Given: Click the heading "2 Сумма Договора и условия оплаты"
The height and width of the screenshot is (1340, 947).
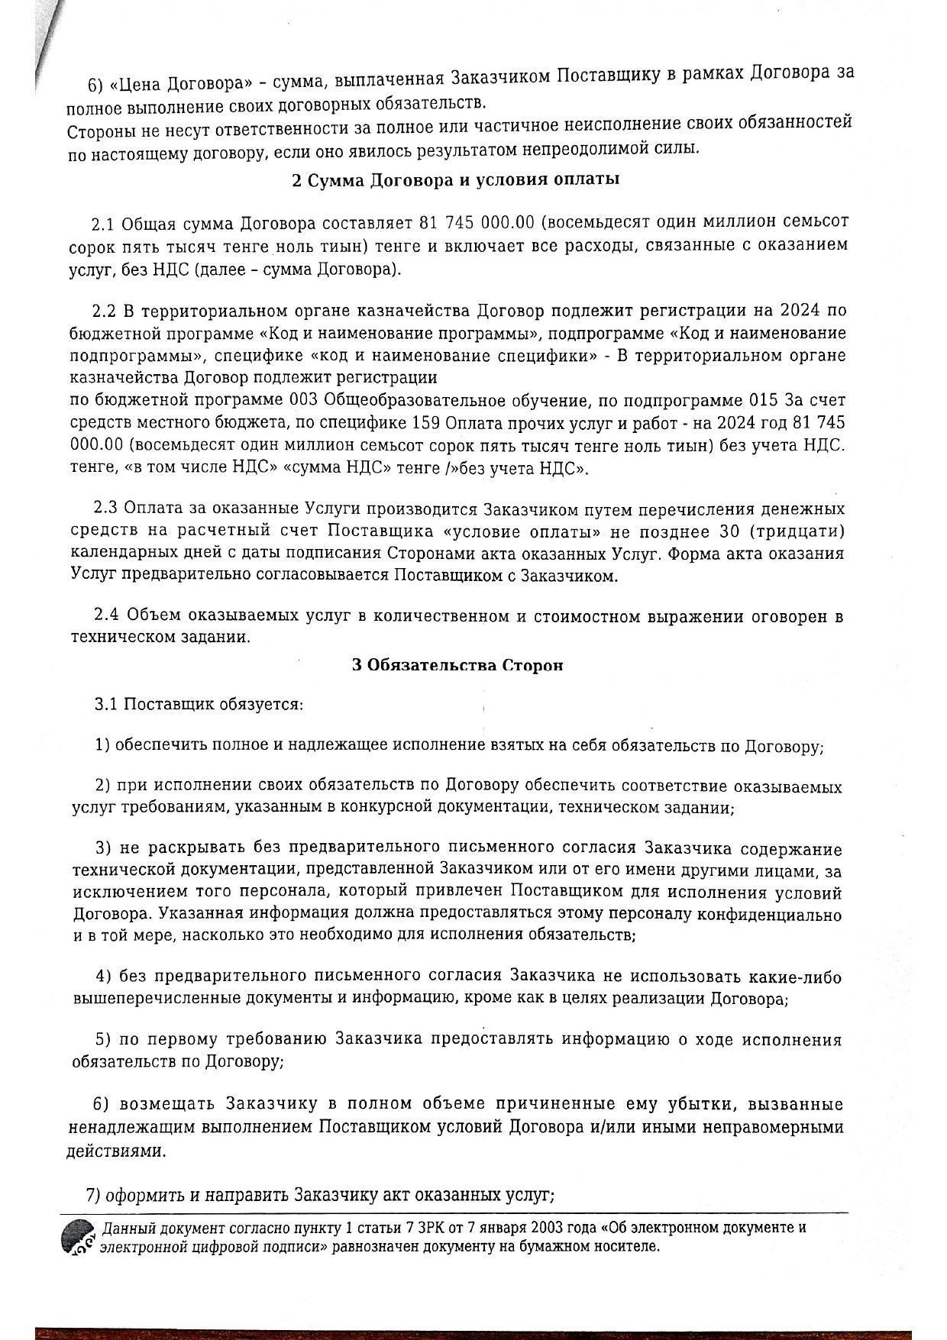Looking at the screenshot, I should pyautogui.click(x=455, y=181).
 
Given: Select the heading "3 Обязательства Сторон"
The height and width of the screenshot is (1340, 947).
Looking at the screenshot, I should pyautogui.click(x=457, y=664).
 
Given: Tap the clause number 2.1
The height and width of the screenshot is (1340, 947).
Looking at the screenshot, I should pyautogui.click(x=103, y=223).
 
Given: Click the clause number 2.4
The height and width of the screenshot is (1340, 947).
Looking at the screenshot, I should pyautogui.click(x=105, y=615).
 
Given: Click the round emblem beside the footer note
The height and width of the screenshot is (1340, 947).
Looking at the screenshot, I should pyautogui.click(x=78, y=1236).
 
